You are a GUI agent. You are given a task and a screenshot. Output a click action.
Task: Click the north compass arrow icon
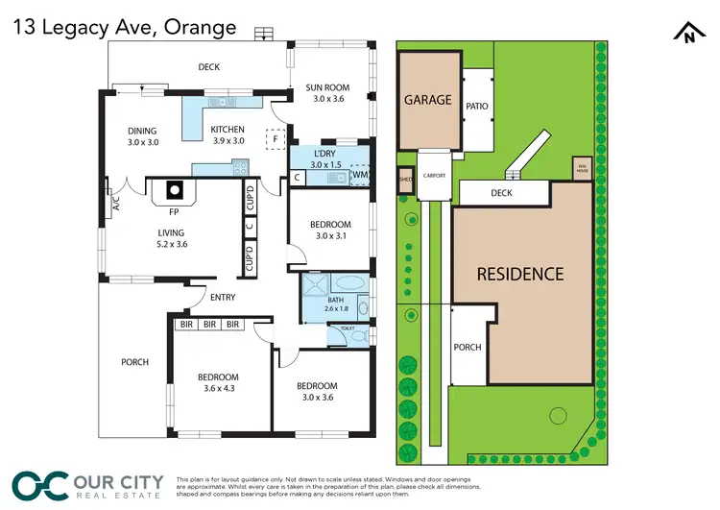[688, 35]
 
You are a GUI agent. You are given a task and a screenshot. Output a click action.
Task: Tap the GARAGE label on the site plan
[427, 99]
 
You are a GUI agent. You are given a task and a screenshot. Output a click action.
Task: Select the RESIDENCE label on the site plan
[521, 274]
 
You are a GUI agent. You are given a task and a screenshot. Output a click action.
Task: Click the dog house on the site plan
[581, 169]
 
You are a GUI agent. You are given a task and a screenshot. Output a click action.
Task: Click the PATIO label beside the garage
[477, 107]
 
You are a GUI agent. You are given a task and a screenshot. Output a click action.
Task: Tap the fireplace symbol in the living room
[175, 190]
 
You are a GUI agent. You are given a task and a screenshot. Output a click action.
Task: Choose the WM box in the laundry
[359, 175]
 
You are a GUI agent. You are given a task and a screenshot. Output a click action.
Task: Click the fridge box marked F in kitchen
[276, 138]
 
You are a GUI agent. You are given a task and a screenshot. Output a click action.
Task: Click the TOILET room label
[346, 330]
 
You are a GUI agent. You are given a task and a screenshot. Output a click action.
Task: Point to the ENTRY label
[222, 297]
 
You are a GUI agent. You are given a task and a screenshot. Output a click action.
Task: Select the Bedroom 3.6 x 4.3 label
[219, 382]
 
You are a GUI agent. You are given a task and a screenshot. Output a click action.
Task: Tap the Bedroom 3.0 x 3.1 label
[328, 230]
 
